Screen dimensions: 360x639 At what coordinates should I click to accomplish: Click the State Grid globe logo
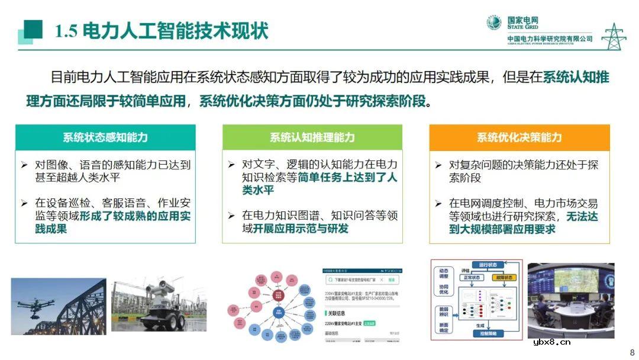tap(494, 23)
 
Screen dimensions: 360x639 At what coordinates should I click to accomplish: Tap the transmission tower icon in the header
tap(614, 36)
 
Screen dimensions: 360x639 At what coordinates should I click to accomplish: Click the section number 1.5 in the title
tap(66, 31)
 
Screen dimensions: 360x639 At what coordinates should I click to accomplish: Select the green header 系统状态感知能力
tap(105, 137)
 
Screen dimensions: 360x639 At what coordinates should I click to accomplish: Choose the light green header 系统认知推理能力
tap(312, 137)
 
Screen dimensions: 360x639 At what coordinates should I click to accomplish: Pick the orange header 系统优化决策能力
tap(519, 137)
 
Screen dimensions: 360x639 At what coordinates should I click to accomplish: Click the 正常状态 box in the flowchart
tap(473, 277)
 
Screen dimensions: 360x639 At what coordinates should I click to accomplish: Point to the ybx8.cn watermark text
tap(551, 342)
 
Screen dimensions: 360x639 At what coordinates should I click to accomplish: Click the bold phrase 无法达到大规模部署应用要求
tap(524, 223)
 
